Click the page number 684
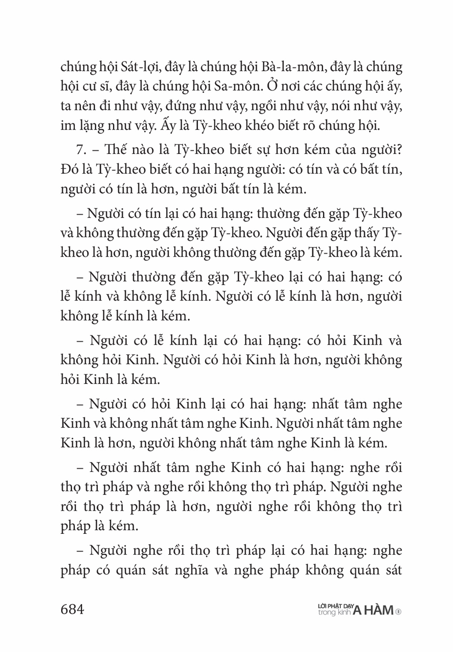72,609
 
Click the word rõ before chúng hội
313,125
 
